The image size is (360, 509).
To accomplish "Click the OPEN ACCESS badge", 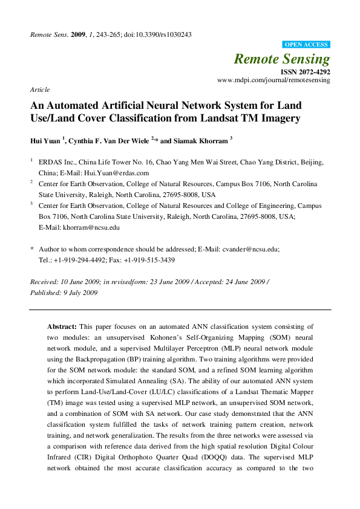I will [307, 45].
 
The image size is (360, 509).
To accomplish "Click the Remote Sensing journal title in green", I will [282, 59].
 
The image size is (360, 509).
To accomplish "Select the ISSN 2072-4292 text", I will [306, 71].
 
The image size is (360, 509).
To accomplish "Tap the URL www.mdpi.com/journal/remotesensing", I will [273, 80].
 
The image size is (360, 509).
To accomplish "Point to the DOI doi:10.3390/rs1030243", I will [159, 34].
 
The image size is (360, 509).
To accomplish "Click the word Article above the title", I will [40, 89].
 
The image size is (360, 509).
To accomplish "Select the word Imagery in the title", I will [280, 118].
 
